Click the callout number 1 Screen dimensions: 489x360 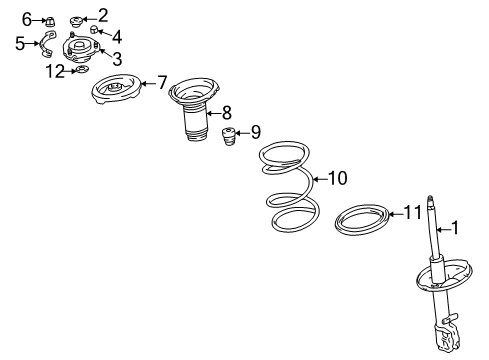tap(455, 228)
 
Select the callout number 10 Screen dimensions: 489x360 tap(338, 178)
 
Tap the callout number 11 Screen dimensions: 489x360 tap(413, 212)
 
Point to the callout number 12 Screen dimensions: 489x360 tap(55, 71)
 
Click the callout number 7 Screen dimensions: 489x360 tap(162, 83)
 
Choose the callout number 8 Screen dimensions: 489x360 tap(227, 113)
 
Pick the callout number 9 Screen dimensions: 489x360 tap(256, 132)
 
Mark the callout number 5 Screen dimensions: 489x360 tap(20, 43)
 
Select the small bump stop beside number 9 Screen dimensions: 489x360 tap(228, 137)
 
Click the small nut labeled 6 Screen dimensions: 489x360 tap(50, 21)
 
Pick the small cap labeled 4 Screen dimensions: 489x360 tap(95, 29)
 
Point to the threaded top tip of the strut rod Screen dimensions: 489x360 tap(430, 198)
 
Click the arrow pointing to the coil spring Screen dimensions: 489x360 tap(321, 179)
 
